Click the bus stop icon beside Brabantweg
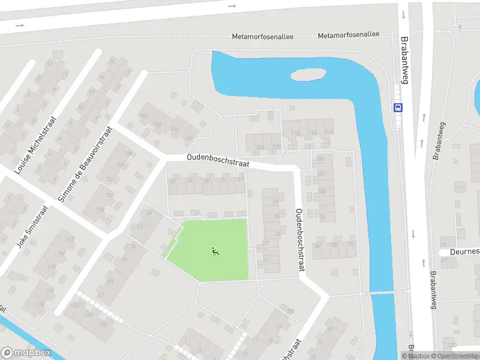[397, 108]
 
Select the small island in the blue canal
[308, 75]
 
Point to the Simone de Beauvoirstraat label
[84, 164]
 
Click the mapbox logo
[26, 353]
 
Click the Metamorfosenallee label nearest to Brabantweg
[349, 35]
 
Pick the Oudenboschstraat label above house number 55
[217, 160]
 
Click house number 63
[173, 181]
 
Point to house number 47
[241, 180]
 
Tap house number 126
[260, 147]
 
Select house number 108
[320, 159]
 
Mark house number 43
[275, 201]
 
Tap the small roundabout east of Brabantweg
[455, 29]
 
